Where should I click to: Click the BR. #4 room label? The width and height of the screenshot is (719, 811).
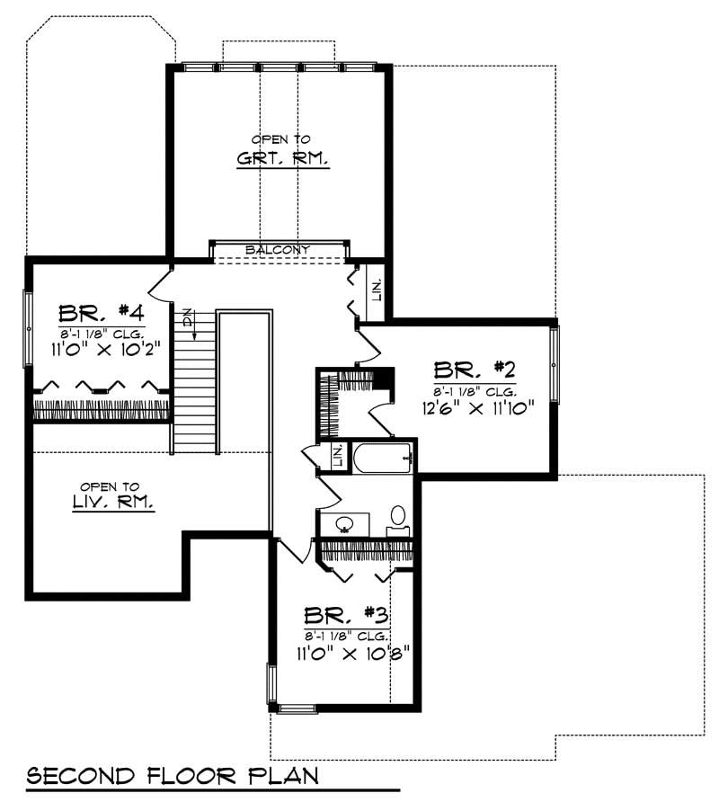coord(102,313)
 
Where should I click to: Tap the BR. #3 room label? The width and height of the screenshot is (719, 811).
coord(346,616)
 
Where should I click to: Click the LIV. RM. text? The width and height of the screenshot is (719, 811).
coord(114,505)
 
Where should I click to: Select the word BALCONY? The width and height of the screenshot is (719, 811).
coord(279,249)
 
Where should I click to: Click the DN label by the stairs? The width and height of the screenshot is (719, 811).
coord(187,317)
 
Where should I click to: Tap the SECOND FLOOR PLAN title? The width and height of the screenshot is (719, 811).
coord(172,775)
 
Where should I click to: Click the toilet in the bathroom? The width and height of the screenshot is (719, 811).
coord(397,518)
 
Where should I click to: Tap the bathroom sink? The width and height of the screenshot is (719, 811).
coord(343,523)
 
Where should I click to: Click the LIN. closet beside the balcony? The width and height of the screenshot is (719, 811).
coord(377,290)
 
